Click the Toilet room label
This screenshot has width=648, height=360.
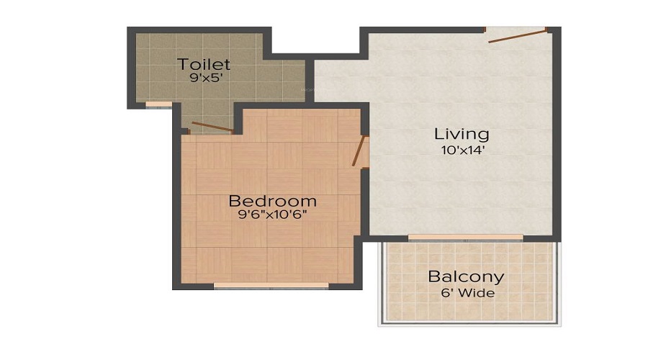click(x=204, y=65)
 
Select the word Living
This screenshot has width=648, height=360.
click(x=462, y=134)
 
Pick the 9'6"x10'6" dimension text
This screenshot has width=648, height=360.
click(x=272, y=215)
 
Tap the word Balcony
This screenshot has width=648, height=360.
click(x=466, y=276)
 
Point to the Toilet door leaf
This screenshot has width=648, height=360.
click(x=211, y=127)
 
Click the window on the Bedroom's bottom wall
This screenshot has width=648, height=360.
click(x=271, y=285)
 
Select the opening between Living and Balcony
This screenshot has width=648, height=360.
click(x=466, y=238)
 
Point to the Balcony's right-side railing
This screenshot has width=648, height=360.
click(x=559, y=281)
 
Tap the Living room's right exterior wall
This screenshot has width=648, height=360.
click(x=557, y=137)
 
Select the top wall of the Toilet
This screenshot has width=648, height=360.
click(x=198, y=30)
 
